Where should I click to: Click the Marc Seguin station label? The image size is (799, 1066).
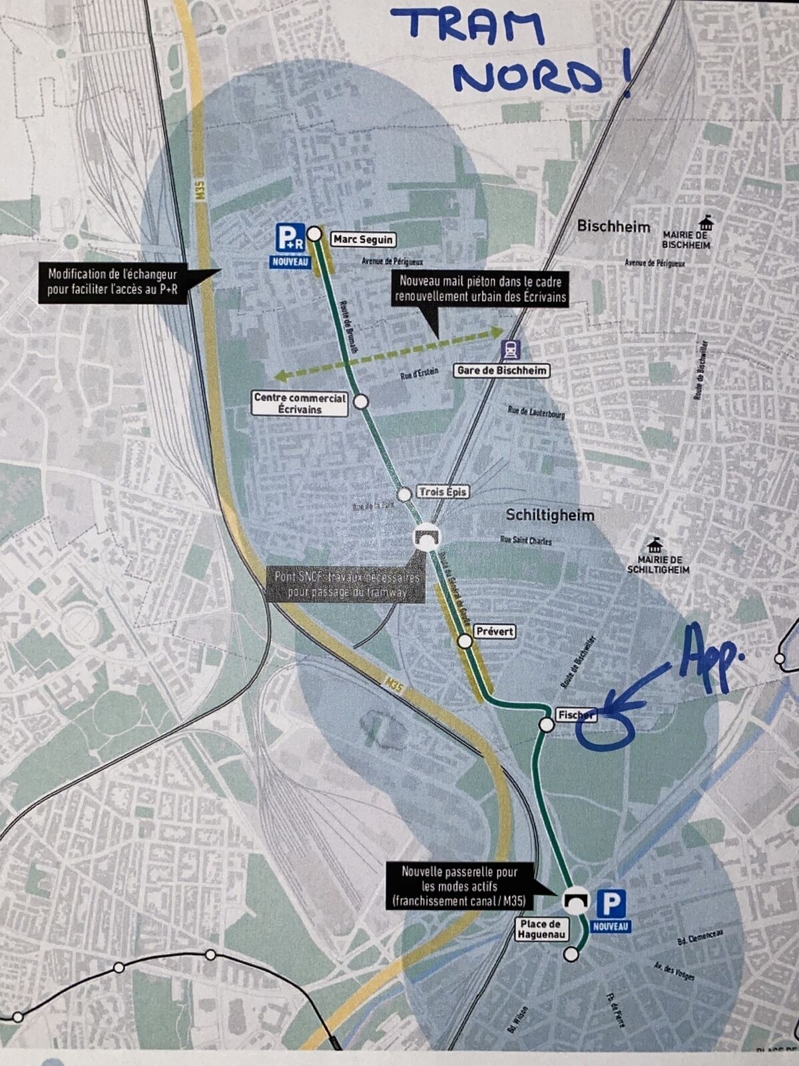coord(363,239)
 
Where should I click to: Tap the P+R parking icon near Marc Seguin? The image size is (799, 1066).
coord(291,238)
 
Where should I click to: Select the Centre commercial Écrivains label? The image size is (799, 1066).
coord(300,404)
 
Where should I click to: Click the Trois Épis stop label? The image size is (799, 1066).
coord(443,492)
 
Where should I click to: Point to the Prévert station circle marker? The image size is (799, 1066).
coord(465,641)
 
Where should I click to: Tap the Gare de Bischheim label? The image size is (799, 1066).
coord(502,370)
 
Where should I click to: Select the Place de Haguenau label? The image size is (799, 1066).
coord(541,929)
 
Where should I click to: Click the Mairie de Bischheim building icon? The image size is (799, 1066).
coord(704,223)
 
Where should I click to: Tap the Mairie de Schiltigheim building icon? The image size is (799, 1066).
coord(656,545)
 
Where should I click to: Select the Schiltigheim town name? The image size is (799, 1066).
coord(550,515)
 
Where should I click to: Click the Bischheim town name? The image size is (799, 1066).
coord(613,226)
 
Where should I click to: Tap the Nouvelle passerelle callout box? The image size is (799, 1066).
coord(459,886)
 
